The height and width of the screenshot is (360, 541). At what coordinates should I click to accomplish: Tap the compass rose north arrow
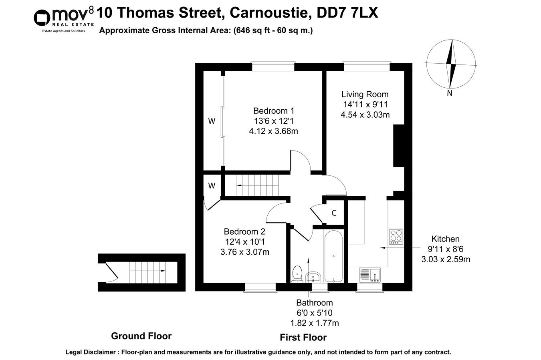point(451,64)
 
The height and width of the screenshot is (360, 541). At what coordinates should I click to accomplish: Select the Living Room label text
point(365,95)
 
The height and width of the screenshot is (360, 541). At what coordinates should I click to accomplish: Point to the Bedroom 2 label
point(244,231)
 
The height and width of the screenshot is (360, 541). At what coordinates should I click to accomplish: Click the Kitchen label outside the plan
point(445,239)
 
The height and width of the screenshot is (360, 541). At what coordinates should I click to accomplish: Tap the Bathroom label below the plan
point(314,303)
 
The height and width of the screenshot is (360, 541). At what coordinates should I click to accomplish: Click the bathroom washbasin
point(313,277)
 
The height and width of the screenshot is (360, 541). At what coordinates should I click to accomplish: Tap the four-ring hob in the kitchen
point(396,236)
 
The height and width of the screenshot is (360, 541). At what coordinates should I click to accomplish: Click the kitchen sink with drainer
point(370,275)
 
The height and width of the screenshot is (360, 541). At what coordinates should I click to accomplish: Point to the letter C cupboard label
point(333,213)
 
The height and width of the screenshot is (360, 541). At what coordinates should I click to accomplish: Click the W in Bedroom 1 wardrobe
point(211,121)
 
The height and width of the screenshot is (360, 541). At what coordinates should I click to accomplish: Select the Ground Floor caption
point(141,336)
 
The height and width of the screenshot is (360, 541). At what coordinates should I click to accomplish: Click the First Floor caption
point(303,338)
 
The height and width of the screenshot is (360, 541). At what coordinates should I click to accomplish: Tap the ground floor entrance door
point(112,272)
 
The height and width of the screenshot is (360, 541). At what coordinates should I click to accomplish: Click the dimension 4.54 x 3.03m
point(365,115)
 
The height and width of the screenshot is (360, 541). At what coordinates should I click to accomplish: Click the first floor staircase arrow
point(239,185)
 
